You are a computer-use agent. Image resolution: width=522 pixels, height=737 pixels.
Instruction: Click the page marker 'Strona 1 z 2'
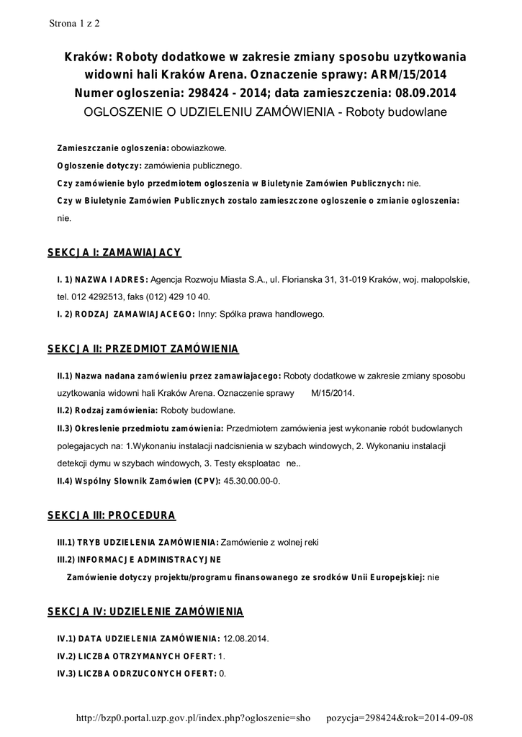74,22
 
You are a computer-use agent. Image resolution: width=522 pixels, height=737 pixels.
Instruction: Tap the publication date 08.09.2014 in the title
423,94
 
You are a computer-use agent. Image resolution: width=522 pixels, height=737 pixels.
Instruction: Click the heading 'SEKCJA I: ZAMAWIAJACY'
114,253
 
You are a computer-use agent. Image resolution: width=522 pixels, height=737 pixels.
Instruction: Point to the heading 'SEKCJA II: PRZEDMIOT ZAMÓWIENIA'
143,348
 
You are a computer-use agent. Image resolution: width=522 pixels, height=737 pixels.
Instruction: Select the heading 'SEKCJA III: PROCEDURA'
112,515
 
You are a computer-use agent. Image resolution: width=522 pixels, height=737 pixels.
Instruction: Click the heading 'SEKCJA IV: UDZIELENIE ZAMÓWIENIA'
145,612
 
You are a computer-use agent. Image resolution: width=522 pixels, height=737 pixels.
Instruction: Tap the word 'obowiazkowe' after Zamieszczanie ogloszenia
198,148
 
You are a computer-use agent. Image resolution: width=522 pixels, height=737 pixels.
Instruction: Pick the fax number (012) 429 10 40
178,297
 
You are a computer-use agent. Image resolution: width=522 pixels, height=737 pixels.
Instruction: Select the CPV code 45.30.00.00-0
252,480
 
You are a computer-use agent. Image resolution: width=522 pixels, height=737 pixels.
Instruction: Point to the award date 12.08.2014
246,638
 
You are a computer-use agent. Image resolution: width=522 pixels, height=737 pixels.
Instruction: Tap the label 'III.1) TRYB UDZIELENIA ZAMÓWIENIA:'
138,542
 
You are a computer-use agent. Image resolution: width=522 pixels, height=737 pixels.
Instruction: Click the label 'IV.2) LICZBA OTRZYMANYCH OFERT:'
136,656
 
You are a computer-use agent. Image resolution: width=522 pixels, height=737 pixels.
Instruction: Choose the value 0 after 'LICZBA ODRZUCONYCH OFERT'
222,674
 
